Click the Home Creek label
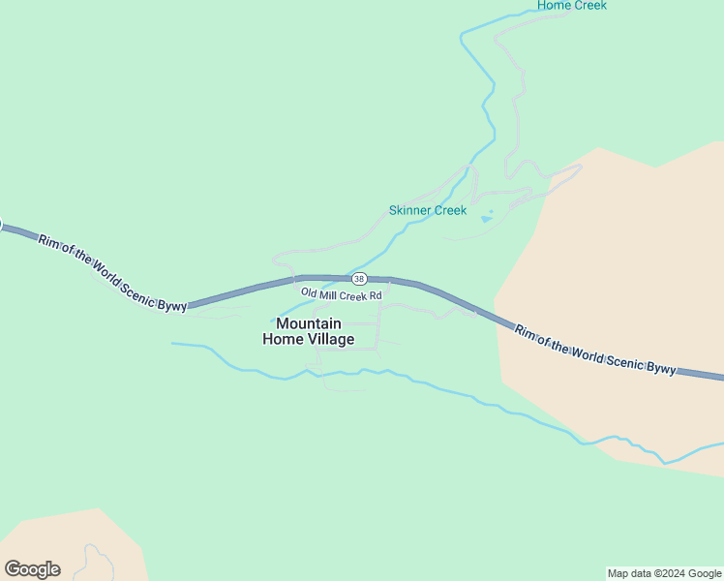(572, 6)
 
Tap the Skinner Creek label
(428, 210)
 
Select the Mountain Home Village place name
(308, 331)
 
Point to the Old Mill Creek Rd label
(342, 293)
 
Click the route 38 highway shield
(359, 279)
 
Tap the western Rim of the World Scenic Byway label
(112, 272)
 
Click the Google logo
(32, 569)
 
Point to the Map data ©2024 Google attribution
(665, 573)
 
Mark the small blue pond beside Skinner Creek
(487, 218)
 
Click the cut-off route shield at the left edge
(1, 226)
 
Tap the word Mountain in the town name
(308, 323)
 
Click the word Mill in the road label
(332, 293)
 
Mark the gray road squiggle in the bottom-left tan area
(94, 560)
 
